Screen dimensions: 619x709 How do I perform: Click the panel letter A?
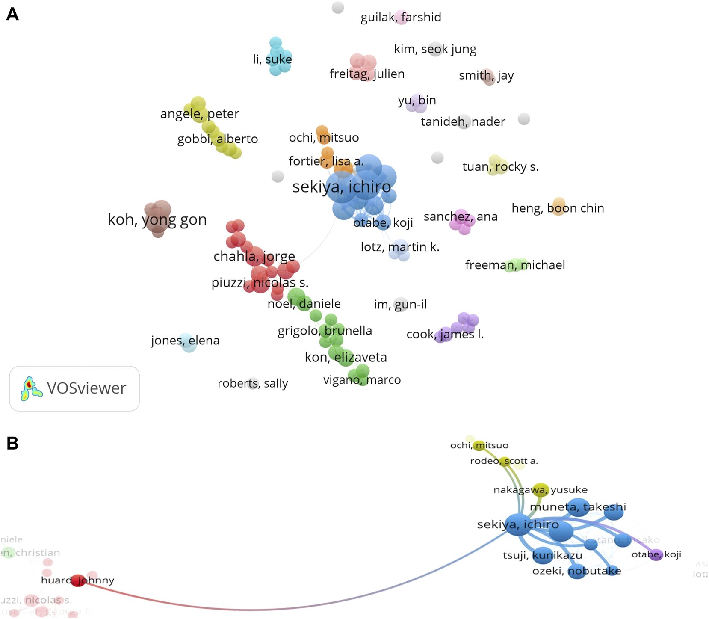click(12, 14)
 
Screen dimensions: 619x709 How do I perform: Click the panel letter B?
click(12, 444)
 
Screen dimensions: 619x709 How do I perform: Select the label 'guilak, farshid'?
click(401, 18)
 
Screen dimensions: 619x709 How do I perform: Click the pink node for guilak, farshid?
click(401, 17)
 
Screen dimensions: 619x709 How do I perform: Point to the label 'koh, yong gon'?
click(157, 219)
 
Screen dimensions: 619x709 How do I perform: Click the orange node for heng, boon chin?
click(558, 206)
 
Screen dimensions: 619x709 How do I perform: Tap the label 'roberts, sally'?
click(252, 383)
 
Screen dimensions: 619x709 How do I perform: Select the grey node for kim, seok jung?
click(435, 49)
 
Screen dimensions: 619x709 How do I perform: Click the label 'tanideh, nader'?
click(463, 122)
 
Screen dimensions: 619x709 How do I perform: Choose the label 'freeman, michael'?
click(515, 265)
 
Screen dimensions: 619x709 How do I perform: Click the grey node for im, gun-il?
click(400, 304)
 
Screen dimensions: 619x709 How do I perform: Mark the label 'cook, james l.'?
click(445, 335)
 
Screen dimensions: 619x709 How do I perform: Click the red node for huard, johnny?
click(78, 580)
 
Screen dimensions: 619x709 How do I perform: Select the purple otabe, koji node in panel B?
click(656, 555)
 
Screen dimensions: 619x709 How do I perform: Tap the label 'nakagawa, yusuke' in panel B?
click(540, 490)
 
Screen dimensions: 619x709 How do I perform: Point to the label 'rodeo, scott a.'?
click(504, 461)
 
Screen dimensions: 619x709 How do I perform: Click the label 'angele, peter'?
click(199, 114)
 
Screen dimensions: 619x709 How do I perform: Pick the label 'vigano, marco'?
click(362, 380)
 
